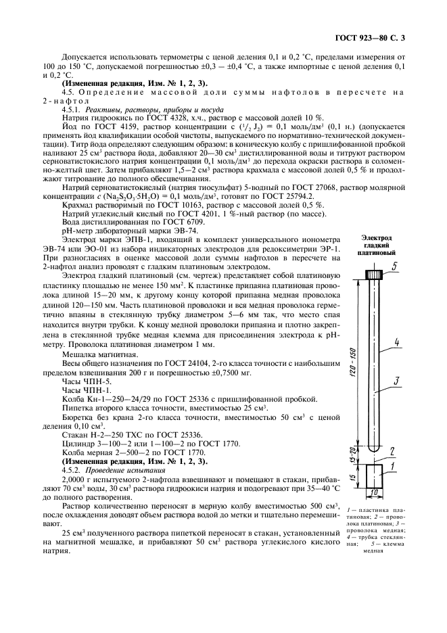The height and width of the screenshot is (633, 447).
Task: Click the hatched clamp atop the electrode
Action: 371,275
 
